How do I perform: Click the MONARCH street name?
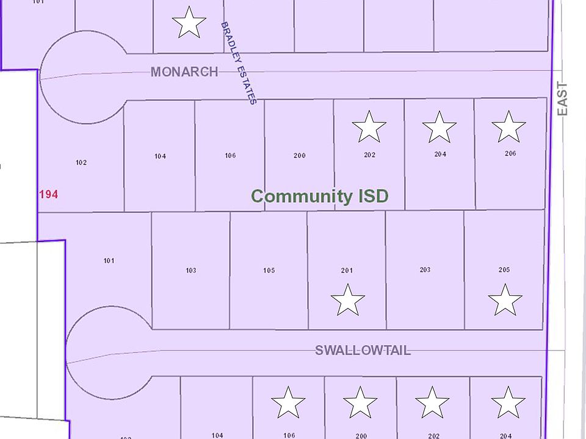coord(184,72)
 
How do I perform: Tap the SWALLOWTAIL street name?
coord(363,351)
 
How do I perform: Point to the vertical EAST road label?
coord(562,99)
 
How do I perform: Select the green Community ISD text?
coord(320,196)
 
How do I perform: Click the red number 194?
coord(48,195)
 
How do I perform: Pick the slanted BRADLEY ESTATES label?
coord(238,63)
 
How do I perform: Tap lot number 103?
coord(190,270)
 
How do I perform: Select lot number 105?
coord(269,270)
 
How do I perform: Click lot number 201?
coord(347,270)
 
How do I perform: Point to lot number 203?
coord(425,269)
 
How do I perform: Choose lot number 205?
coord(504,269)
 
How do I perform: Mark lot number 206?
coord(510,154)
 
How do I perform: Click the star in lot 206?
coord(508,127)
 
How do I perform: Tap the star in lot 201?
coord(347,301)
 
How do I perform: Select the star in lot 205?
coord(505,301)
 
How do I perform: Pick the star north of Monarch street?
coord(189,23)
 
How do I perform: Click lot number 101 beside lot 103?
coord(109,261)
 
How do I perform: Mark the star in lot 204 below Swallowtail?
coord(508,403)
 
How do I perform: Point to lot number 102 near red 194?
coord(81,163)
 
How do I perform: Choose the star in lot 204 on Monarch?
coord(440,127)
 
